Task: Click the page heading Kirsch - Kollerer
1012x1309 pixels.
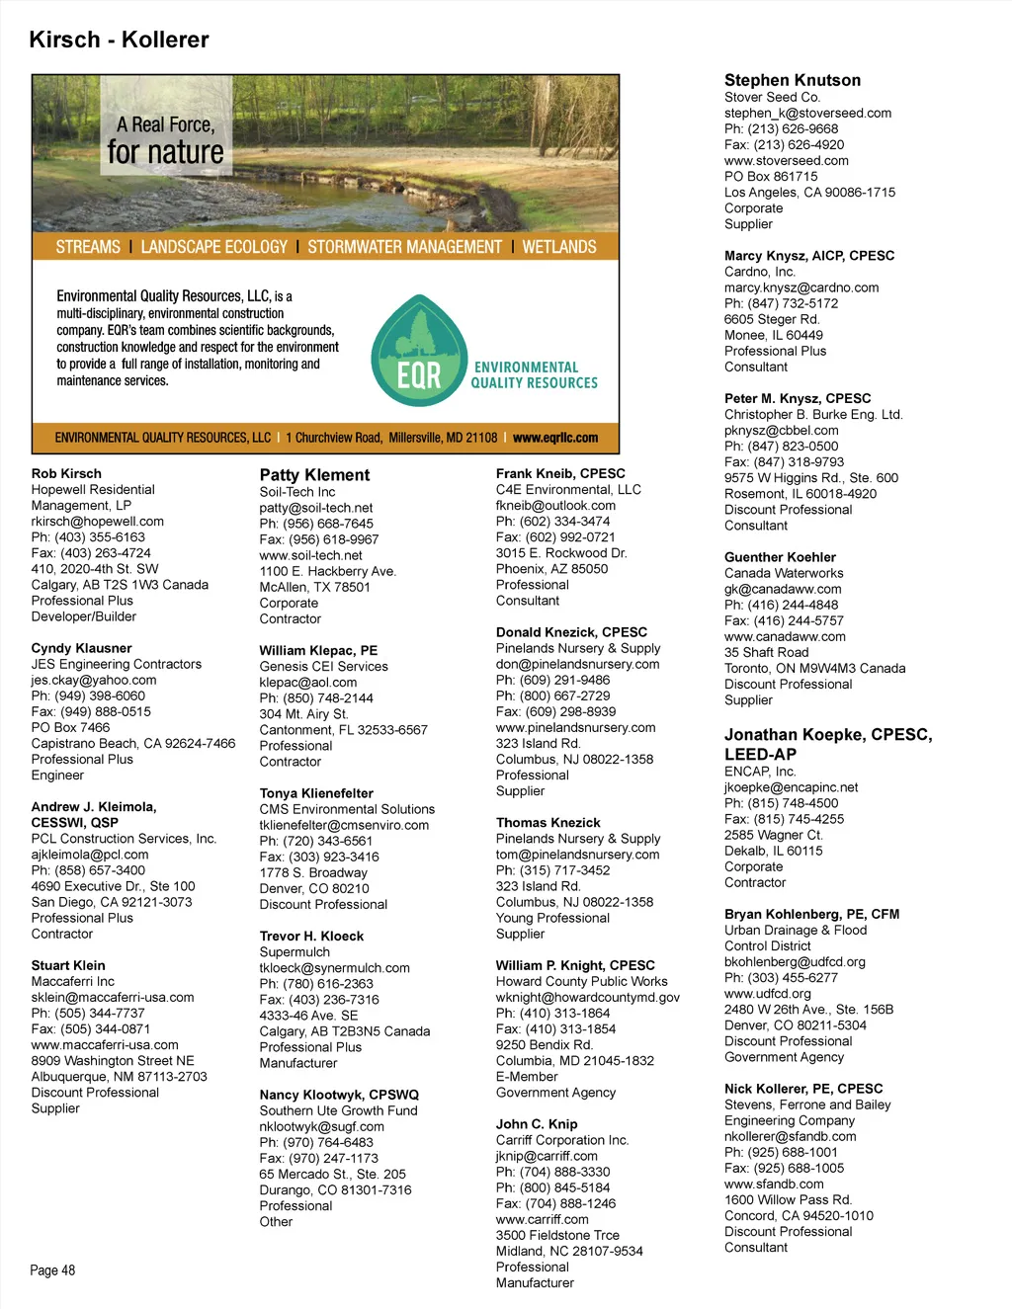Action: click(119, 41)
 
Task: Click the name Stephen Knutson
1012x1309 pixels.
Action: click(792, 80)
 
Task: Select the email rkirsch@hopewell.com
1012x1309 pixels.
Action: click(97, 522)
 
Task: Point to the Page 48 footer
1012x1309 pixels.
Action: click(52, 1270)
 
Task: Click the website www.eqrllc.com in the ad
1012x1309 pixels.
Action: click(555, 438)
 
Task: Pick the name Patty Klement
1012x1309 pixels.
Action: click(314, 475)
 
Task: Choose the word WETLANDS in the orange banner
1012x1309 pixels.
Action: click(559, 247)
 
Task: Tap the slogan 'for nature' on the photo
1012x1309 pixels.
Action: click(165, 152)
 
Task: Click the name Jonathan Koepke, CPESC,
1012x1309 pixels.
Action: click(827, 735)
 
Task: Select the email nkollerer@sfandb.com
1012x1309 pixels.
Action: click(790, 1137)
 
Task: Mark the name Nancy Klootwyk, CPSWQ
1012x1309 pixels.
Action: click(339, 1096)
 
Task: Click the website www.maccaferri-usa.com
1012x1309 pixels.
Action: click(105, 1045)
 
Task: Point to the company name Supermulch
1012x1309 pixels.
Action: click(295, 952)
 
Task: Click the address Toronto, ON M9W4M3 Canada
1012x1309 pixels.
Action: click(814, 669)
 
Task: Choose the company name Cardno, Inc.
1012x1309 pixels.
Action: click(759, 272)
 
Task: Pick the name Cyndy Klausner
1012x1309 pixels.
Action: click(81, 649)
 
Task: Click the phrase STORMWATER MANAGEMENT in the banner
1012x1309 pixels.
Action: click(404, 247)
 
